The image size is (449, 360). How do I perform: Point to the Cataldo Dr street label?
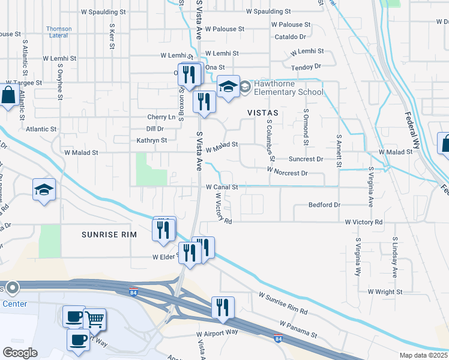point(290,37)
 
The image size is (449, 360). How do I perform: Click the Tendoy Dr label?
point(306,66)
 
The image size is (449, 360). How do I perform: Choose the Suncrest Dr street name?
point(306,160)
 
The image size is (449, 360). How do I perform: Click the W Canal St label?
point(222,187)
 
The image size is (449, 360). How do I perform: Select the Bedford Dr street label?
point(324,205)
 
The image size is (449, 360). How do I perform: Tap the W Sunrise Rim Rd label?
point(283,304)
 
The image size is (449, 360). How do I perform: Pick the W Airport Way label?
point(217,332)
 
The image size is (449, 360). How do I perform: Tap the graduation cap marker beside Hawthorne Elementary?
point(228,88)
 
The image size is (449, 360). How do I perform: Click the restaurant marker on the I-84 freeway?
point(222,308)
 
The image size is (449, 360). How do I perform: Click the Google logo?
point(20,353)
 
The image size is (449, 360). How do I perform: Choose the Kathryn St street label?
point(152,140)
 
